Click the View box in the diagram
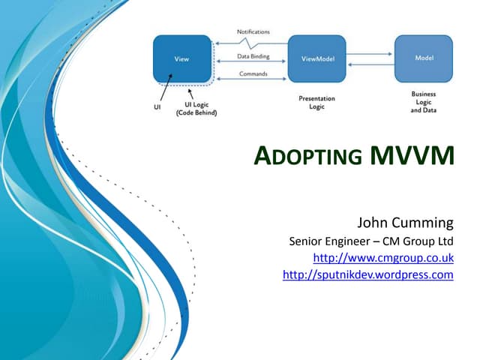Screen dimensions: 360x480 click(x=181, y=58)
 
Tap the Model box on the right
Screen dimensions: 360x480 click(x=424, y=58)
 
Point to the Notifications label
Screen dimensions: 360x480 click(x=253, y=31)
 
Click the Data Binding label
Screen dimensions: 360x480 click(x=253, y=55)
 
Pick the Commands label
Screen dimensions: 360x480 click(x=253, y=73)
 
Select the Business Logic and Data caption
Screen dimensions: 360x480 click(x=423, y=102)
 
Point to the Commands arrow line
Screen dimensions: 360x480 click(x=252, y=80)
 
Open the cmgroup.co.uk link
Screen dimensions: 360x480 click(x=382, y=258)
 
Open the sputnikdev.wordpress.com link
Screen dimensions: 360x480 click(x=367, y=275)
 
